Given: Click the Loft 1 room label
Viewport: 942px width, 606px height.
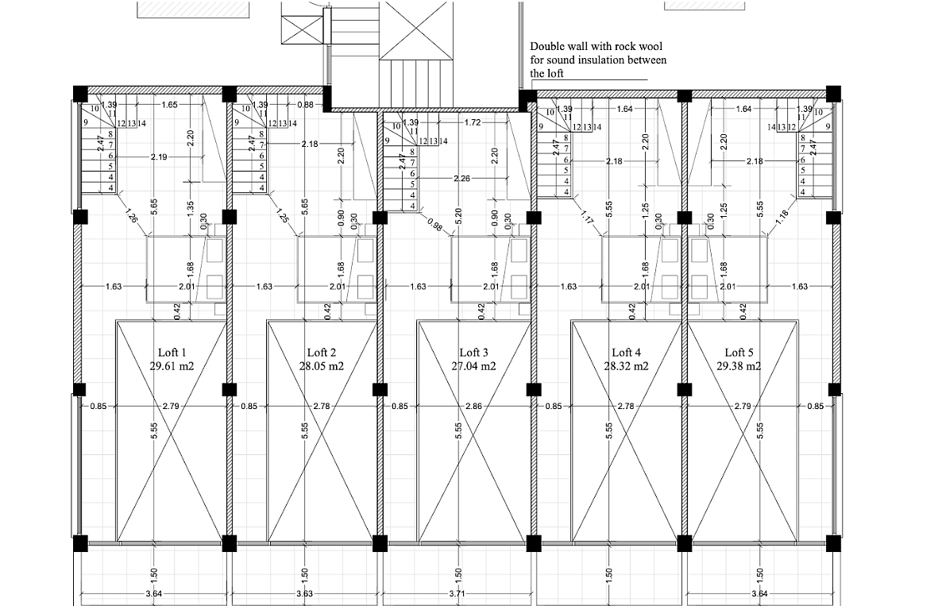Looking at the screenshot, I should pos(172,353).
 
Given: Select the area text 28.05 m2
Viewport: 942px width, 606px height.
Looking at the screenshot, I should pos(322,366).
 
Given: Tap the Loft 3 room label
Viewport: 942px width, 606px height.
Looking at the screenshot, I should pos(474,353).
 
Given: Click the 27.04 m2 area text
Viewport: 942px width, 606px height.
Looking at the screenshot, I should pos(474,366).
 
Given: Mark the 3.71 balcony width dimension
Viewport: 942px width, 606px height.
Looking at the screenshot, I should pos(458,594).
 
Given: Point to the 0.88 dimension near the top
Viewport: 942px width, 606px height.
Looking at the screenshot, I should pos(305,105).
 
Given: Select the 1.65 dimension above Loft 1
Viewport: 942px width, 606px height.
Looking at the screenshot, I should pos(170,105).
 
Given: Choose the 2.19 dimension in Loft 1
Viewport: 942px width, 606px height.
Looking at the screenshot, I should pos(159,158).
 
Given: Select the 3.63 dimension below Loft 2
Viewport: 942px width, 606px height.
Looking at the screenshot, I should pos(304,594).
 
